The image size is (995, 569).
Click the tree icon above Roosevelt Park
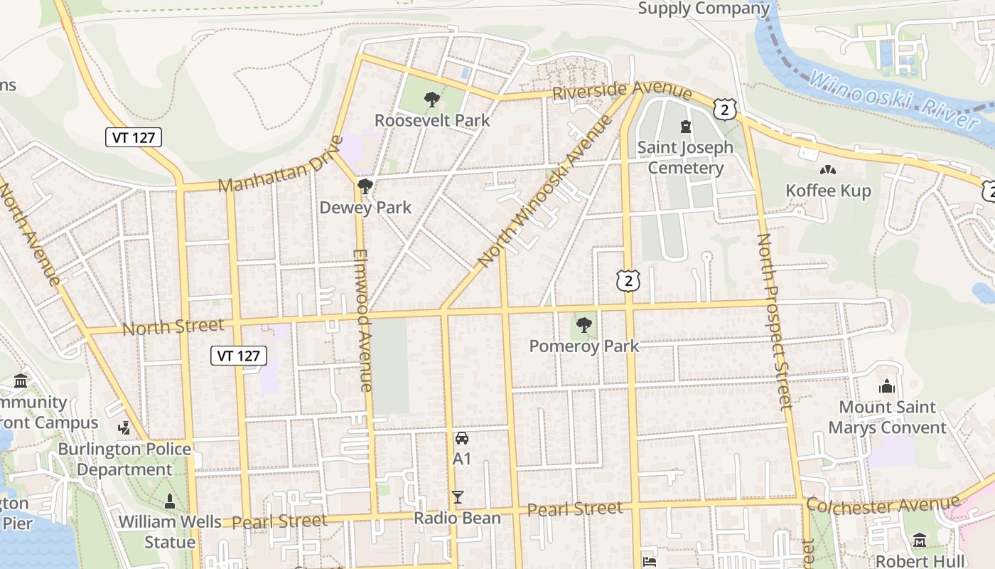(431, 100)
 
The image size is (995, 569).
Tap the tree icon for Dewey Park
(365, 187)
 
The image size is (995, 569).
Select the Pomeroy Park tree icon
(584, 326)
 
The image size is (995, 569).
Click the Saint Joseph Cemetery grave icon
(685, 127)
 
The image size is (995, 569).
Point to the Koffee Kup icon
(827, 171)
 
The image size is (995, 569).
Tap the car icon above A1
(462, 438)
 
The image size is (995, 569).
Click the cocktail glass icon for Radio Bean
(458, 497)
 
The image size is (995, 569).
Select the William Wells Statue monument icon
(170, 501)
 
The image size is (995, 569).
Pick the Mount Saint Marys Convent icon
(886, 387)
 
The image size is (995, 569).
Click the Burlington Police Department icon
(124, 428)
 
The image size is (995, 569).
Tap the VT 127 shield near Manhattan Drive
(134, 137)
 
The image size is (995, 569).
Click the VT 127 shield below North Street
(239, 356)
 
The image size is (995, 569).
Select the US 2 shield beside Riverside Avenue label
(724, 110)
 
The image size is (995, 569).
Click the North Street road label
(173, 327)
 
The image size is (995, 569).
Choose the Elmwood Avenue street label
(362, 320)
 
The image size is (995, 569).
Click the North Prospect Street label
(775, 321)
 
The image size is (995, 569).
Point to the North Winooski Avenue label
(546, 191)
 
